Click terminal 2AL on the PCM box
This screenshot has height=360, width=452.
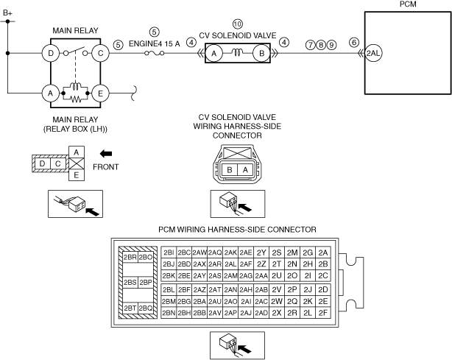click(x=373, y=53)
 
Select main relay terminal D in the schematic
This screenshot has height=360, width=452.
click(x=51, y=53)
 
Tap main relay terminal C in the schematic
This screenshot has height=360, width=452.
click(x=100, y=53)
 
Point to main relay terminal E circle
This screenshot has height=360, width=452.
click(x=100, y=93)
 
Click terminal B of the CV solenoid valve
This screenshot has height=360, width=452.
click(x=262, y=53)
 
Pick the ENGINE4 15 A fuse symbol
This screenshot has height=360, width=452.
click(x=154, y=53)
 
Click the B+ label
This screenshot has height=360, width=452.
click(x=8, y=13)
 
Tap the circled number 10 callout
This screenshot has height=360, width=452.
click(x=238, y=24)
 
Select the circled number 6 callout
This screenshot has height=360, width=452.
click(x=354, y=43)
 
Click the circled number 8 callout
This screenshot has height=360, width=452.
click(x=321, y=45)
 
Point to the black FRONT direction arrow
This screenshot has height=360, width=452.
click(x=106, y=154)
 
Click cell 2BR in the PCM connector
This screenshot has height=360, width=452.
click(x=130, y=258)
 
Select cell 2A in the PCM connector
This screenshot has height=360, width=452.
click(x=323, y=253)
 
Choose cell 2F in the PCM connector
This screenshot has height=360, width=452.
click(x=323, y=313)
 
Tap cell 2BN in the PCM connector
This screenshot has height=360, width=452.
click(x=169, y=313)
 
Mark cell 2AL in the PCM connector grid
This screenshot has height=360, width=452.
click(x=230, y=264)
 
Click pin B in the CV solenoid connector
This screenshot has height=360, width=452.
click(x=230, y=170)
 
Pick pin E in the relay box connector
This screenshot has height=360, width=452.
click(x=77, y=175)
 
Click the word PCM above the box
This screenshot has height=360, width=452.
click(x=408, y=4)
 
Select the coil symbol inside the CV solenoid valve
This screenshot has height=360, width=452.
click(x=238, y=52)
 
